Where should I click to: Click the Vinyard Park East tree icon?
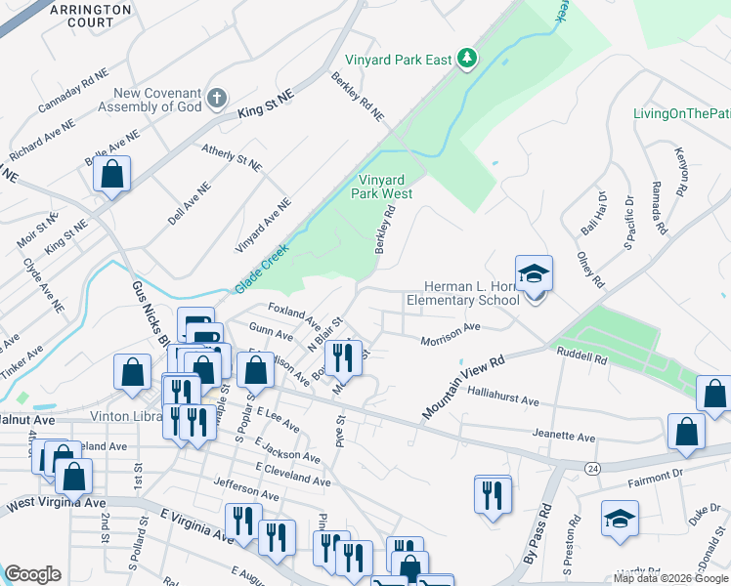468,59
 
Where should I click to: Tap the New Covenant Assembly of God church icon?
217,98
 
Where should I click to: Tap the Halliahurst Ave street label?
503,400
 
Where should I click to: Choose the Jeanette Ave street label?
564,436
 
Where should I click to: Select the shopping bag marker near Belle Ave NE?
112,176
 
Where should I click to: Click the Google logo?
32,574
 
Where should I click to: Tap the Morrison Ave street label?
451,335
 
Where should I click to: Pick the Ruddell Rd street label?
581,357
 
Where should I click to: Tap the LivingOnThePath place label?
682,114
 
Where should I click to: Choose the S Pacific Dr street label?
626,220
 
